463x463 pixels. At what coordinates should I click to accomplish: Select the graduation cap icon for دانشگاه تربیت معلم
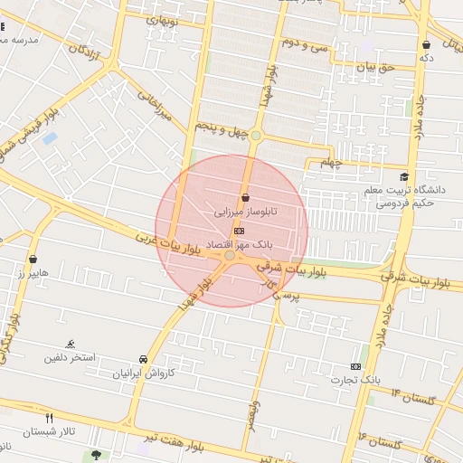[x=403, y=176]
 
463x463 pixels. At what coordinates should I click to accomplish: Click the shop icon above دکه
[x=426, y=44]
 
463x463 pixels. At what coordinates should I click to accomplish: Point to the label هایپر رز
[x=33, y=272]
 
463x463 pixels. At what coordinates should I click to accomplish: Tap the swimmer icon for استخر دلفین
[x=70, y=344]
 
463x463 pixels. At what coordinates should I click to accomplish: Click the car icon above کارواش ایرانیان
[x=144, y=359]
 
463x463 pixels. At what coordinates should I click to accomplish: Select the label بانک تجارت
[x=355, y=379]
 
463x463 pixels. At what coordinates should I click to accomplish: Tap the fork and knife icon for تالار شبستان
[x=50, y=418]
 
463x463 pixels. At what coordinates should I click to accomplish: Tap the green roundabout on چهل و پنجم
[x=256, y=136]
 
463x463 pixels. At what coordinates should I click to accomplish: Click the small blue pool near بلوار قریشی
[x=49, y=137]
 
